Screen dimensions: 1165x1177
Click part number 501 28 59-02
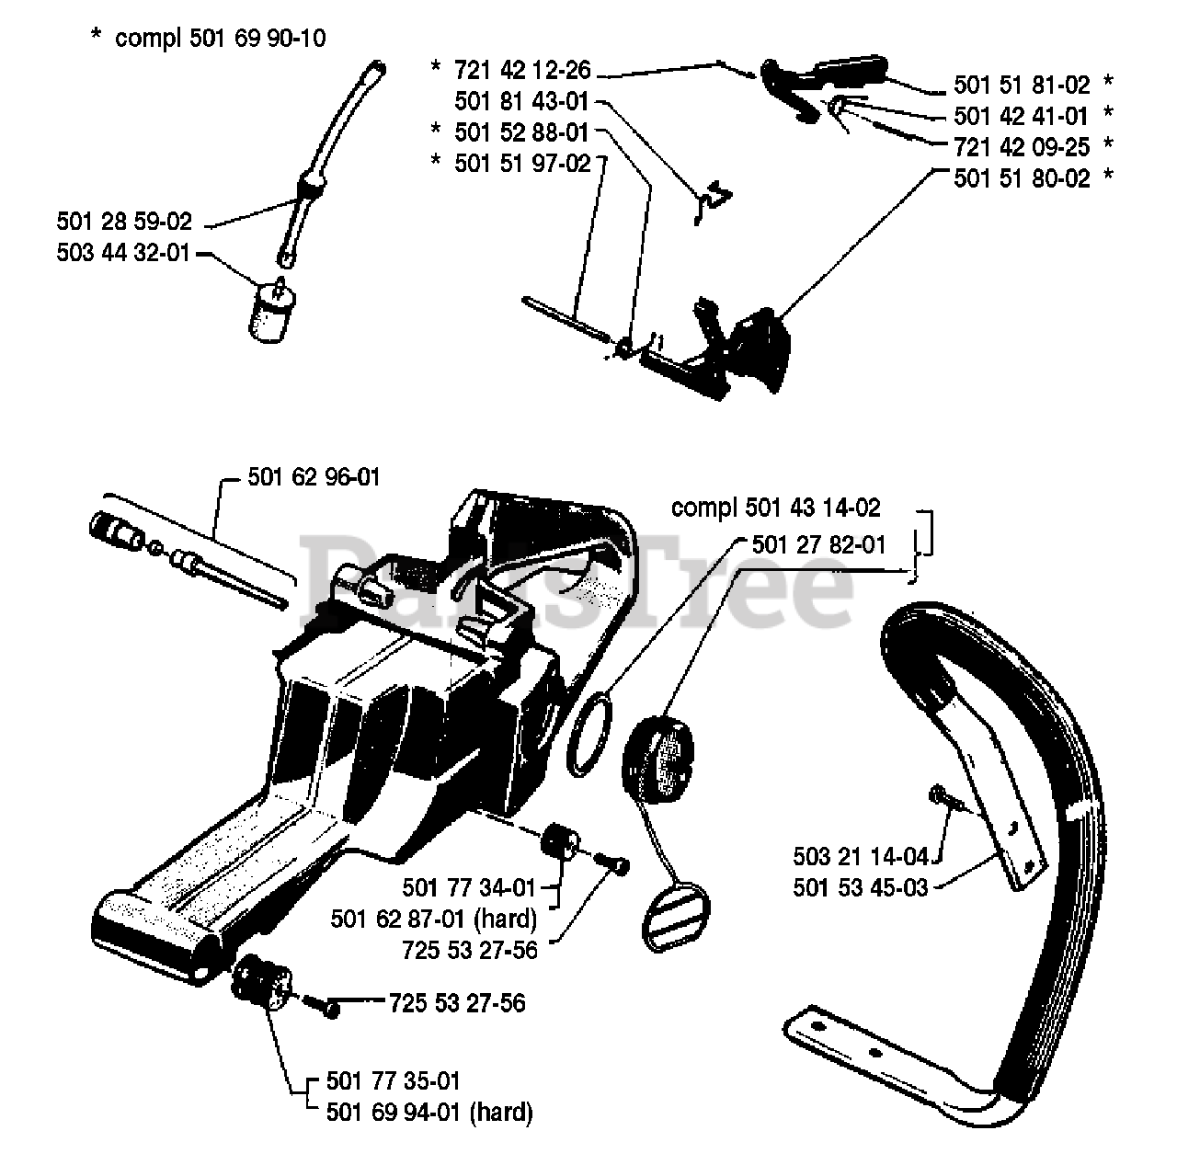tap(124, 222)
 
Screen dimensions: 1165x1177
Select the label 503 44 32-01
tap(124, 252)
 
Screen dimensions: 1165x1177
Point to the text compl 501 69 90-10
tap(220, 39)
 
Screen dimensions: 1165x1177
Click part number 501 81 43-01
tap(521, 101)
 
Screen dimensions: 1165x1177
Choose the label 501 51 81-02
tap(1021, 86)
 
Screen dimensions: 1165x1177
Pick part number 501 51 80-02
tap(1021, 178)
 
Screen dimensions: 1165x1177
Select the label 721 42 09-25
tap(1021, 146)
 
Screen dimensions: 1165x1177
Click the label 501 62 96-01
tap(314, 477)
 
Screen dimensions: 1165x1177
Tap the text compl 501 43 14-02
tap(776, 508)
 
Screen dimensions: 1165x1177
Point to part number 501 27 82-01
tap(818, 545)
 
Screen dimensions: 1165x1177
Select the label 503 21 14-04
tap(862, 857)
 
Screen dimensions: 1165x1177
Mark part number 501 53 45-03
tap(862, 888)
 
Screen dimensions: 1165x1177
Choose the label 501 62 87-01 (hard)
tap(433, 919)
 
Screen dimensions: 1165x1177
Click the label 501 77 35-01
tap(394, 1081)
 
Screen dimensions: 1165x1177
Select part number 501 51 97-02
tap(521, 163)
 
